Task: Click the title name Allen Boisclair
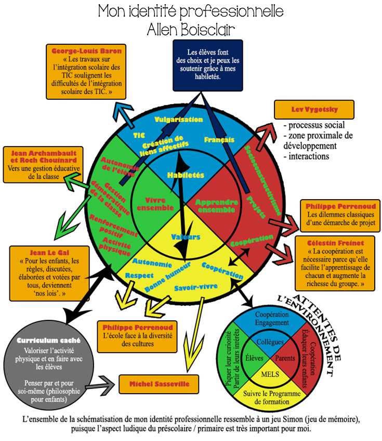pos(191,30)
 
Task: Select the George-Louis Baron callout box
pos(86,72)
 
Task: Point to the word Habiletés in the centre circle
pos(186,175)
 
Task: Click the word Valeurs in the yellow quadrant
pos(186,237)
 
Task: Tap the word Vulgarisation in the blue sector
pos(178,120)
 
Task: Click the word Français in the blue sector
pos(219,140)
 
